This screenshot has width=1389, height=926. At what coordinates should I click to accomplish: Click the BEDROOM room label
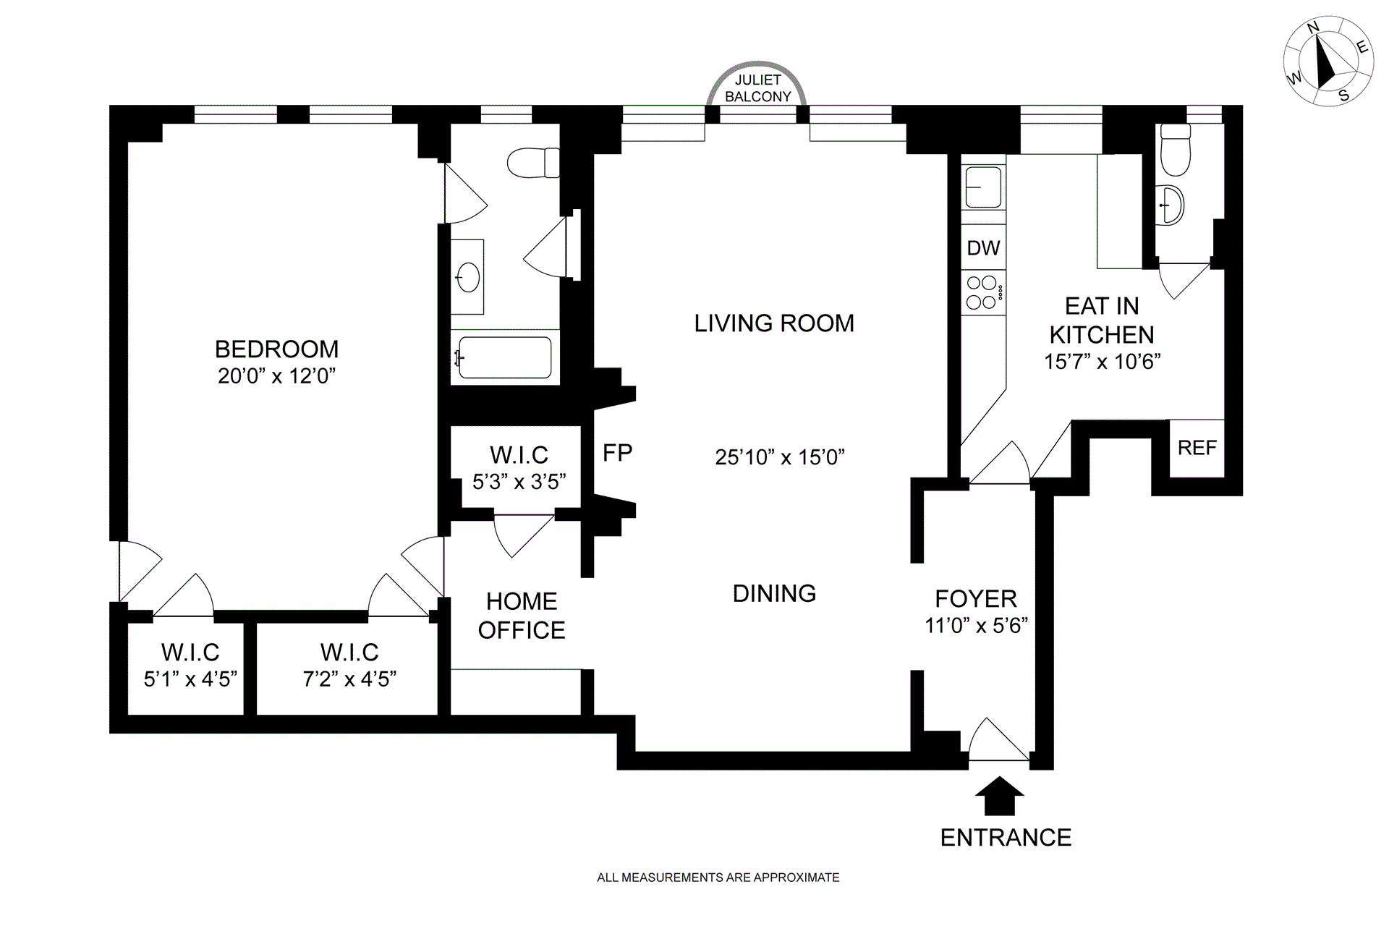click(x=276, y=349)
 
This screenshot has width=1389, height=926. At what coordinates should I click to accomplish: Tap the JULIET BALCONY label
click(x=757, y=88)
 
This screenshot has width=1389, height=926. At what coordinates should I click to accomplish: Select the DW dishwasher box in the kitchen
click(x=983, y=247)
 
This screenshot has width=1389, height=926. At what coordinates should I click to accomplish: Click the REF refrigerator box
click(x=1197, y=448)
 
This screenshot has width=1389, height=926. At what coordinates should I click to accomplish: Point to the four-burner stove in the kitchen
click(x=983, y=292)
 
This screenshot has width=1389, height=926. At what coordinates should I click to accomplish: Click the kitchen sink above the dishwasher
click(x=983, y=187)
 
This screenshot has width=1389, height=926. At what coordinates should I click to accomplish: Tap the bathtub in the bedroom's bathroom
click(x=505, y=357)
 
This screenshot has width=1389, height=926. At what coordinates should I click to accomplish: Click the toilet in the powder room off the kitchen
click(x=1175, y=150)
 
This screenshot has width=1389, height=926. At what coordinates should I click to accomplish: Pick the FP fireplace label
click(x=617, y=453)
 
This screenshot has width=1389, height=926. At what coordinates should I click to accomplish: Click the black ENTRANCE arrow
click(x=999, y=796)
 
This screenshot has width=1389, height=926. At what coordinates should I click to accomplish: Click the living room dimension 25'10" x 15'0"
click(x=780, y=457)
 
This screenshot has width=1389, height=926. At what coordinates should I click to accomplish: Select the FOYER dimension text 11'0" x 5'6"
click(x=976, y=625)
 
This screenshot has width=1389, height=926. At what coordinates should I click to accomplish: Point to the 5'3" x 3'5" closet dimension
click(x=519, y=482)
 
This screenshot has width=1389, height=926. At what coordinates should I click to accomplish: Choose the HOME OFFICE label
click(x=522, y=616)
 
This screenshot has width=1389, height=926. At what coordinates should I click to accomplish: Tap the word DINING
click(x=774, y=594)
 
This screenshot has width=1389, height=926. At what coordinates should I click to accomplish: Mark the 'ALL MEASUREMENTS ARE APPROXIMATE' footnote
click(x=718, y=878)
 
